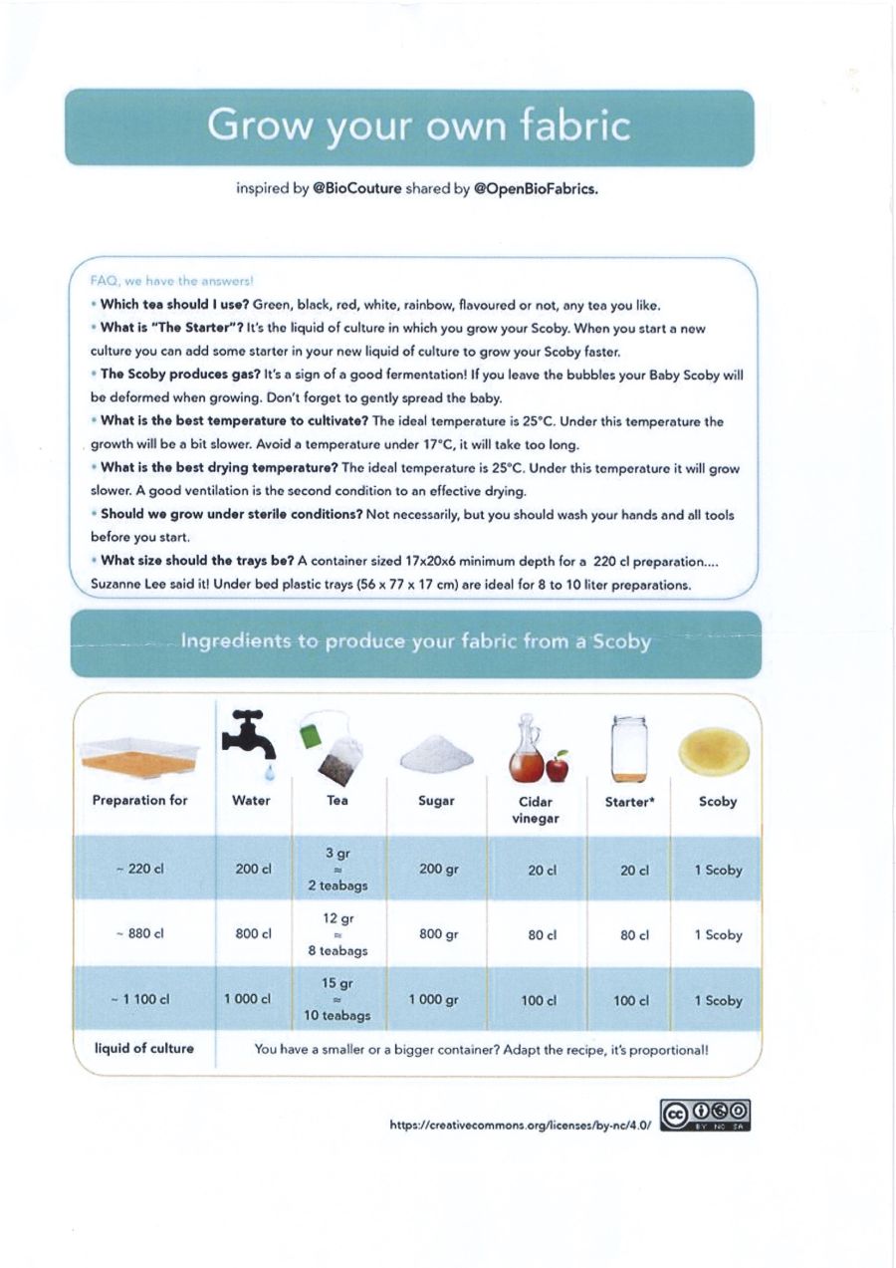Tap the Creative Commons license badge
[x=705, y=1116]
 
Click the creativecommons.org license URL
[x=520, y=1125]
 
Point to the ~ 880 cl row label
[x=139, y=935]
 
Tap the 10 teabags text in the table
[x=337, y=1016]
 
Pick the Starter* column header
[x=628, y=801]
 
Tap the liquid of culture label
[x=143, y=1048]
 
